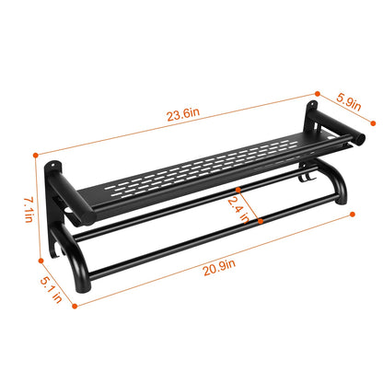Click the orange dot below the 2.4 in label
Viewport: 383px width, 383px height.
263,247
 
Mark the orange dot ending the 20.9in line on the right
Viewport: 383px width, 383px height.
354,214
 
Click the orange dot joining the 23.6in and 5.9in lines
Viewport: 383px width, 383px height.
317,92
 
